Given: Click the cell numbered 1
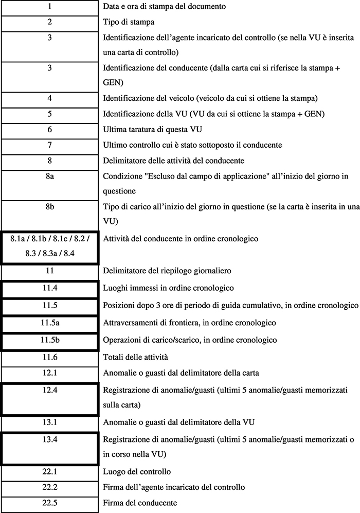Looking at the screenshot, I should [49, 7].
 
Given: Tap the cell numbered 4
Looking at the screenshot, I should [49, 98].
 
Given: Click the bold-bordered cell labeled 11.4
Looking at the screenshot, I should [49, 288].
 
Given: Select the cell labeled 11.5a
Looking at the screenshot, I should [49, 323].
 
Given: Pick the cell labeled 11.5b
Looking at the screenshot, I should [49, 340].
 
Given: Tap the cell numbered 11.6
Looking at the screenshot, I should [49, 357].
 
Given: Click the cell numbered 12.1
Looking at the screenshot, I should [49, 372].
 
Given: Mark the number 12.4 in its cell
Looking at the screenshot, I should [49, 390].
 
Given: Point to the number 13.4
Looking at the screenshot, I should [49, 439].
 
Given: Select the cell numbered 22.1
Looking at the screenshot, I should [49, 471].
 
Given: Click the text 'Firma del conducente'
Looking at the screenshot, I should [140, 503].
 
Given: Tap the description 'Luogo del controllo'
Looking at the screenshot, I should [137, 471].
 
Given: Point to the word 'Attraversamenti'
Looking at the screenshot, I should [130, 323].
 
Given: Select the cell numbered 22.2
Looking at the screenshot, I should [49, 487].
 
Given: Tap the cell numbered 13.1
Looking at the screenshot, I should [49, 422].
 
